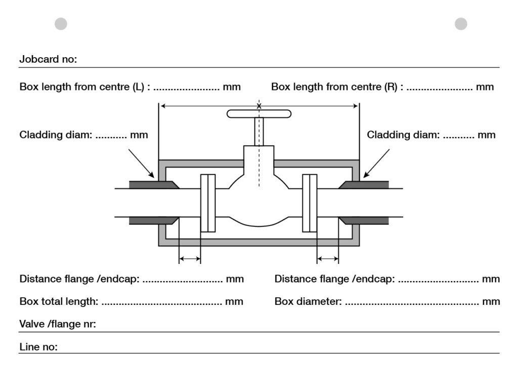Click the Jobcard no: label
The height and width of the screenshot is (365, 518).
tap(48, 59)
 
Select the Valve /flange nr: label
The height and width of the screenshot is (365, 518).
tap(58, 325)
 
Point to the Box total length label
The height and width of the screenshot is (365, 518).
tap(59, 302)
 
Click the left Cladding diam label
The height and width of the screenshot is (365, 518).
tap(56, 135)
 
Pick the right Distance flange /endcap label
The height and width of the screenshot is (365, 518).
tap(334, 279)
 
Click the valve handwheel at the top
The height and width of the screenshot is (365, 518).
tap(259, 114)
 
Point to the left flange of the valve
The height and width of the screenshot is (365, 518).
tap(208, 203)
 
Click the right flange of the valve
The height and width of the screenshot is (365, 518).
tap(309, 203)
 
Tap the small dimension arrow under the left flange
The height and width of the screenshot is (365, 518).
tap(190, 259)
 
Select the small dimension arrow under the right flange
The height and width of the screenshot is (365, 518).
tap(328, 259)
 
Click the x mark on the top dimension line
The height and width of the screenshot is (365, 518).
tap(259, 106)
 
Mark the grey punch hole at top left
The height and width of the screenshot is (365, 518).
tap(61, 24)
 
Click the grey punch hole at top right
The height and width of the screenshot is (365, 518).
tap(461, 24)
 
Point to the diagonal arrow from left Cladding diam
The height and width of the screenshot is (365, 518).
tap(142, 163)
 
